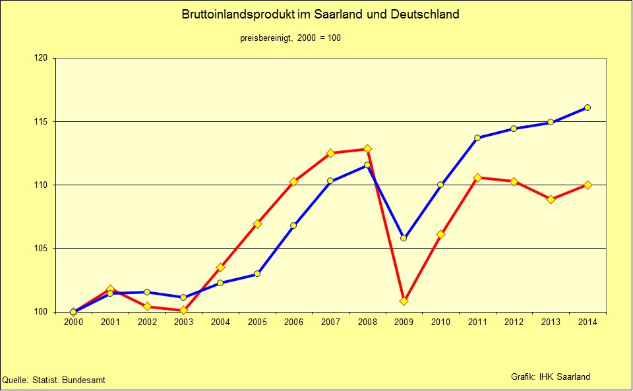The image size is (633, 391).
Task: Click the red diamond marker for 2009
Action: pyautogui.click(x=404, y=301)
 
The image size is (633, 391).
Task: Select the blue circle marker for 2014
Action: pyautogui.click(x=588, y=107)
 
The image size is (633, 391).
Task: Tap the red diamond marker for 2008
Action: pyautogui.click(x=367, y=149)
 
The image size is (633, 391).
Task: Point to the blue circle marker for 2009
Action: pyautogui.click(x=404, y=238)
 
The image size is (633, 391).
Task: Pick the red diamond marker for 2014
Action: pyautogui.click(x=588, y=185)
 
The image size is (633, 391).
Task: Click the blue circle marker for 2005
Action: pyautogui.click(x=257, y=274)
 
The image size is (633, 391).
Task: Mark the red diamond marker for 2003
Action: pyautogui.click(x=183, y=310)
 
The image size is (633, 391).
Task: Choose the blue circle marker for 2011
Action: pyautogui.click(x=477, y=138)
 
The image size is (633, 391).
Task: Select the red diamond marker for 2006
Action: pyautogui.click(x=294, y=181)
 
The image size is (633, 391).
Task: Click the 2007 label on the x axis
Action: pyautogui.click(x=330, y=322)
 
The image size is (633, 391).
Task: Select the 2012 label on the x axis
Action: pyautogui.click(x=514, y=322)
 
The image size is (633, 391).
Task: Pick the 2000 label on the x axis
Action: pyautogui.click(x=73, y=322)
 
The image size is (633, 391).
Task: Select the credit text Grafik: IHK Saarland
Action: pyautogui.click(x=551, y=376)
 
